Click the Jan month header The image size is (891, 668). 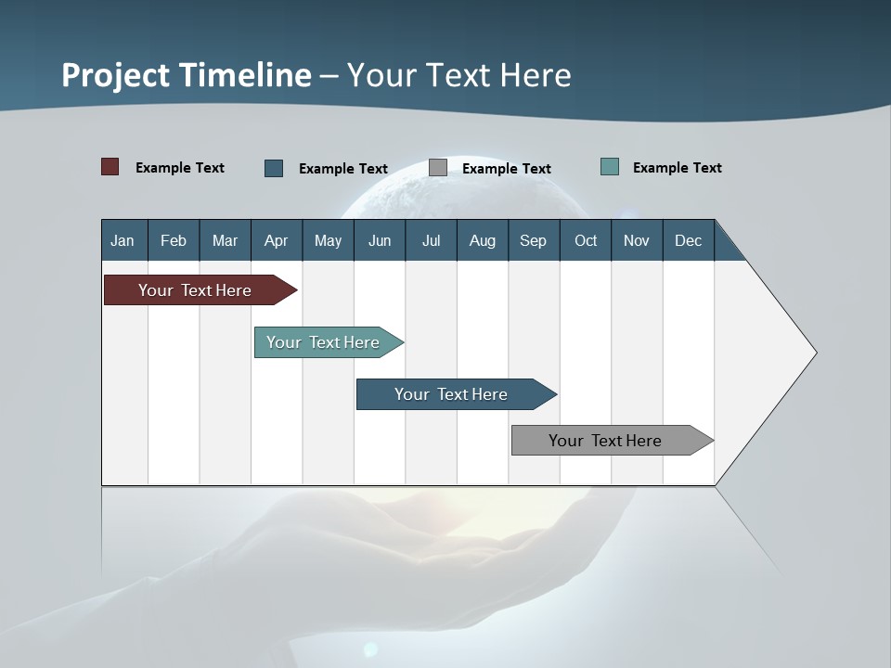click(x=123, y=241)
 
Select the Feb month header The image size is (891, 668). click(x=174, y=241)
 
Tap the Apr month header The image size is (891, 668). click(x=276, y=241)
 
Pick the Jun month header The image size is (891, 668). click(x=380, y=241)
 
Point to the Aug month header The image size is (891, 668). click(x=482, y=241)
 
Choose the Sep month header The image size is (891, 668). click(x=533, y=241)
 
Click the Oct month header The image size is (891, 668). click(x=586, y=241)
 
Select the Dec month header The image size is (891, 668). click(x=688, y=241)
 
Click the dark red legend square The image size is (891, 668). click(x=110, y=167)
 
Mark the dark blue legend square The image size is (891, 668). click(x=274, y=168)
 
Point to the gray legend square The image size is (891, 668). click(x=438, y=168)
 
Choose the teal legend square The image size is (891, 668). click(x=610, y=167)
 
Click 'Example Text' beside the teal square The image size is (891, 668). click(x=677, y=168)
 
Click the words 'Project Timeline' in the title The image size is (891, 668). click(x=187, y=75)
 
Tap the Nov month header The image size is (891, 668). click(x=637, y=241)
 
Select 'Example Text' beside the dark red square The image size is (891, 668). click(x=179, y=168)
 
